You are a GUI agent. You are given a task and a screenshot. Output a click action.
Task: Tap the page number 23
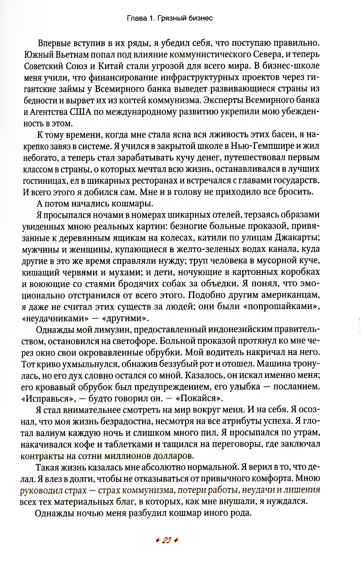[x=167, y=540]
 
